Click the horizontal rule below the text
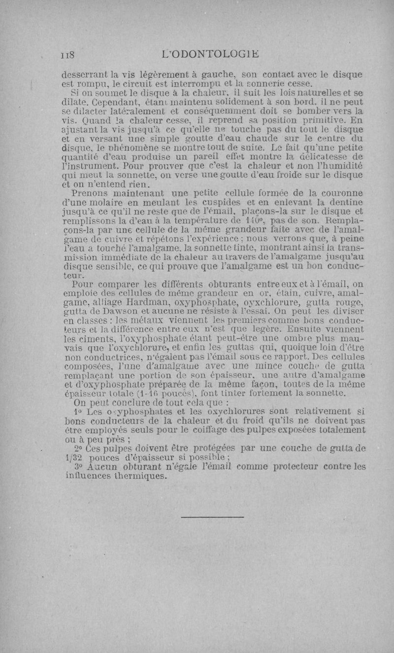(212, 517)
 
